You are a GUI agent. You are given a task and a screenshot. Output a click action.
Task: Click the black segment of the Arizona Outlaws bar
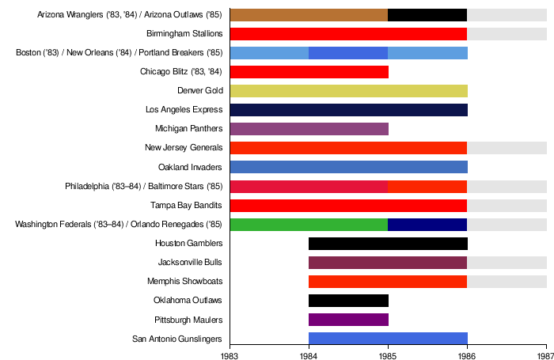427,15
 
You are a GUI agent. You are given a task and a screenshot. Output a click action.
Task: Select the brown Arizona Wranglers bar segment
309,15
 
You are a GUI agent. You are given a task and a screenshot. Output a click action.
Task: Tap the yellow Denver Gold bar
348,91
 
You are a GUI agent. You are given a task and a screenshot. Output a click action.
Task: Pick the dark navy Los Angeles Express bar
348,110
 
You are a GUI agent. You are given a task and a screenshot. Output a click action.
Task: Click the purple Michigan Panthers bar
309,129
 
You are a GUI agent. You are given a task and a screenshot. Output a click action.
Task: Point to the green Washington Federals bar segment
309,224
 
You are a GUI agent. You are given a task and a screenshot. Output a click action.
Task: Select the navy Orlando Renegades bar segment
427,224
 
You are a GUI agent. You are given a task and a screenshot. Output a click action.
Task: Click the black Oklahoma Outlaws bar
348,301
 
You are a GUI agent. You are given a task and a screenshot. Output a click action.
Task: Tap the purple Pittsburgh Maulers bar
348,320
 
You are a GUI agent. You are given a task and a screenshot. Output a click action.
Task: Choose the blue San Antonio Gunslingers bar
388,339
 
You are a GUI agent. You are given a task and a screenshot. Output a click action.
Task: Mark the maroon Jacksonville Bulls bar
388,262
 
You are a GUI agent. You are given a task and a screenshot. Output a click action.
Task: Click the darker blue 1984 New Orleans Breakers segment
348,53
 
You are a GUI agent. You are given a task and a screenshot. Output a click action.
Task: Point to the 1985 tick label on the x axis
388,352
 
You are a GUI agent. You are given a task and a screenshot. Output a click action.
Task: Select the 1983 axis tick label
230,352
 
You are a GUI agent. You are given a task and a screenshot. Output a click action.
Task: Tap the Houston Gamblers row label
188,243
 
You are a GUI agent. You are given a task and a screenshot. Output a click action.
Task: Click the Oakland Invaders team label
191,167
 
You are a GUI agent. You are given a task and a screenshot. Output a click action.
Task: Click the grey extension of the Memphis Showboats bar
507,282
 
